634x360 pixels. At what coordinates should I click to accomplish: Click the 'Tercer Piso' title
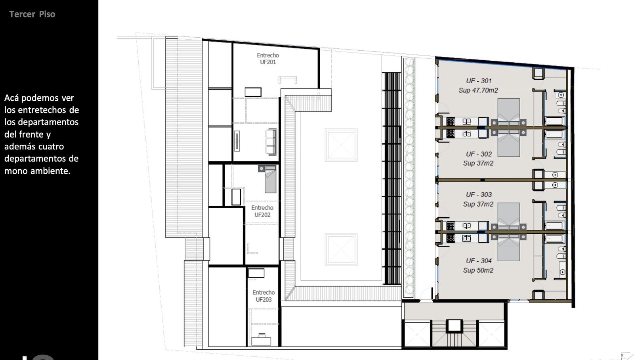pyautogui.click(x=32, y=14)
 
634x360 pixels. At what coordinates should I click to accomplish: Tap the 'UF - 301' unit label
pyautogui.click(x=479, y=81)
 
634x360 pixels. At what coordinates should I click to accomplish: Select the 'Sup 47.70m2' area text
pyautogui.click(x=478, y=90)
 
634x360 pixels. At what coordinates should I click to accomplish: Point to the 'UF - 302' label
pyautogui.click(x=479, y=154)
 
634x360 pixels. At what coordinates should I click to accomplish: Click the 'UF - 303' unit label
pyautogui.click(x=479, y=195)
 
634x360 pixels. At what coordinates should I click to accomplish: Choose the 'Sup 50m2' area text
pyautogui.click(x=478, y=270)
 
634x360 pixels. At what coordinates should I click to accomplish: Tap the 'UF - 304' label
pyautogui.click(x=479, y=260)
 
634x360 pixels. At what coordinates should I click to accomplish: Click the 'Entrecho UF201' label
pyautogui.click(x=268, y=59)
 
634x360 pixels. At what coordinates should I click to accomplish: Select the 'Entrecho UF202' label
pyautogui.click(x=262, y=211)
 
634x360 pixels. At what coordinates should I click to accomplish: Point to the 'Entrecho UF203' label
pyautogui.click(x=264, y=296)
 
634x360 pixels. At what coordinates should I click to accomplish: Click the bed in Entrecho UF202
pyautogui.click(x=267, y=179)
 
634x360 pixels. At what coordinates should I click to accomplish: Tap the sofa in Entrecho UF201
pyautogui.click(x=271, y=142)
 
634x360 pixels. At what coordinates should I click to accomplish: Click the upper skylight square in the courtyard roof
pyautogui.click(x=341, y=145)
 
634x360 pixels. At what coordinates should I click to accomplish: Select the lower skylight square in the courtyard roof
pyautogui.click(x=341, y=249)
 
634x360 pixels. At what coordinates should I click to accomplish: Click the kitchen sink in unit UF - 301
pyautogui.click(x=466, y=122)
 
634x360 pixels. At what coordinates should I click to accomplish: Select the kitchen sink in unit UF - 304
pyautogui.click(x=466, y=239)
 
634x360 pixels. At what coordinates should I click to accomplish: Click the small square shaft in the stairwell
pyautogui.click(x=454, y=326)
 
